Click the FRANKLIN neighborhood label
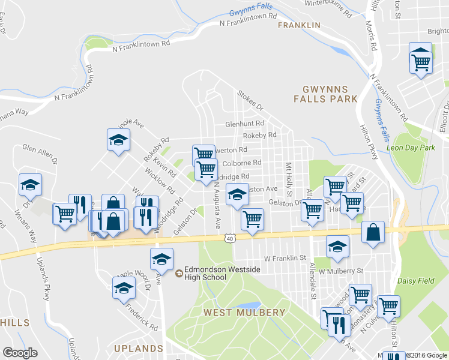pyautogui.click(x=298, y=25)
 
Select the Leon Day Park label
pyautogui.click(x=411, y=147)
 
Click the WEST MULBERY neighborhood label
pyautogui.click(x=244, y=313)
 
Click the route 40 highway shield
pyautogui.click(x=231, y=238)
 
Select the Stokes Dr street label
pyautogui.click(x=250, y=101)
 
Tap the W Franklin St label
pyautogui.click(x=285, y=258)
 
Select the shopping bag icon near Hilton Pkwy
pyautogui.click(x=373, y=233)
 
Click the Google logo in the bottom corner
pyautogui.click(x=20, y=353)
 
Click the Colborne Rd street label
pyautogui.click(x=241, y=163)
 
